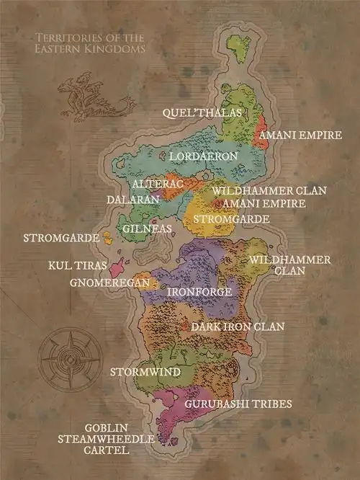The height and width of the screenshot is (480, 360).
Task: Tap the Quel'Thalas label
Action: tap(201, 113)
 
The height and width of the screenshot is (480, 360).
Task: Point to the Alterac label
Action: tap(159, 185)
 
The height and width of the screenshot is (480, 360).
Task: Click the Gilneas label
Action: tap(148, 228)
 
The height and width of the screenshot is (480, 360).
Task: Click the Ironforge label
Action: tap(199, 292)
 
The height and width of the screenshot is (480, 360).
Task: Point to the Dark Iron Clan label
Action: tap(238, 326)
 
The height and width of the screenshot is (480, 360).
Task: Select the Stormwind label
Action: tap(141, 373)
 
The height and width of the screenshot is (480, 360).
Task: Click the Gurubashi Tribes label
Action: tap(238, 404)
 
